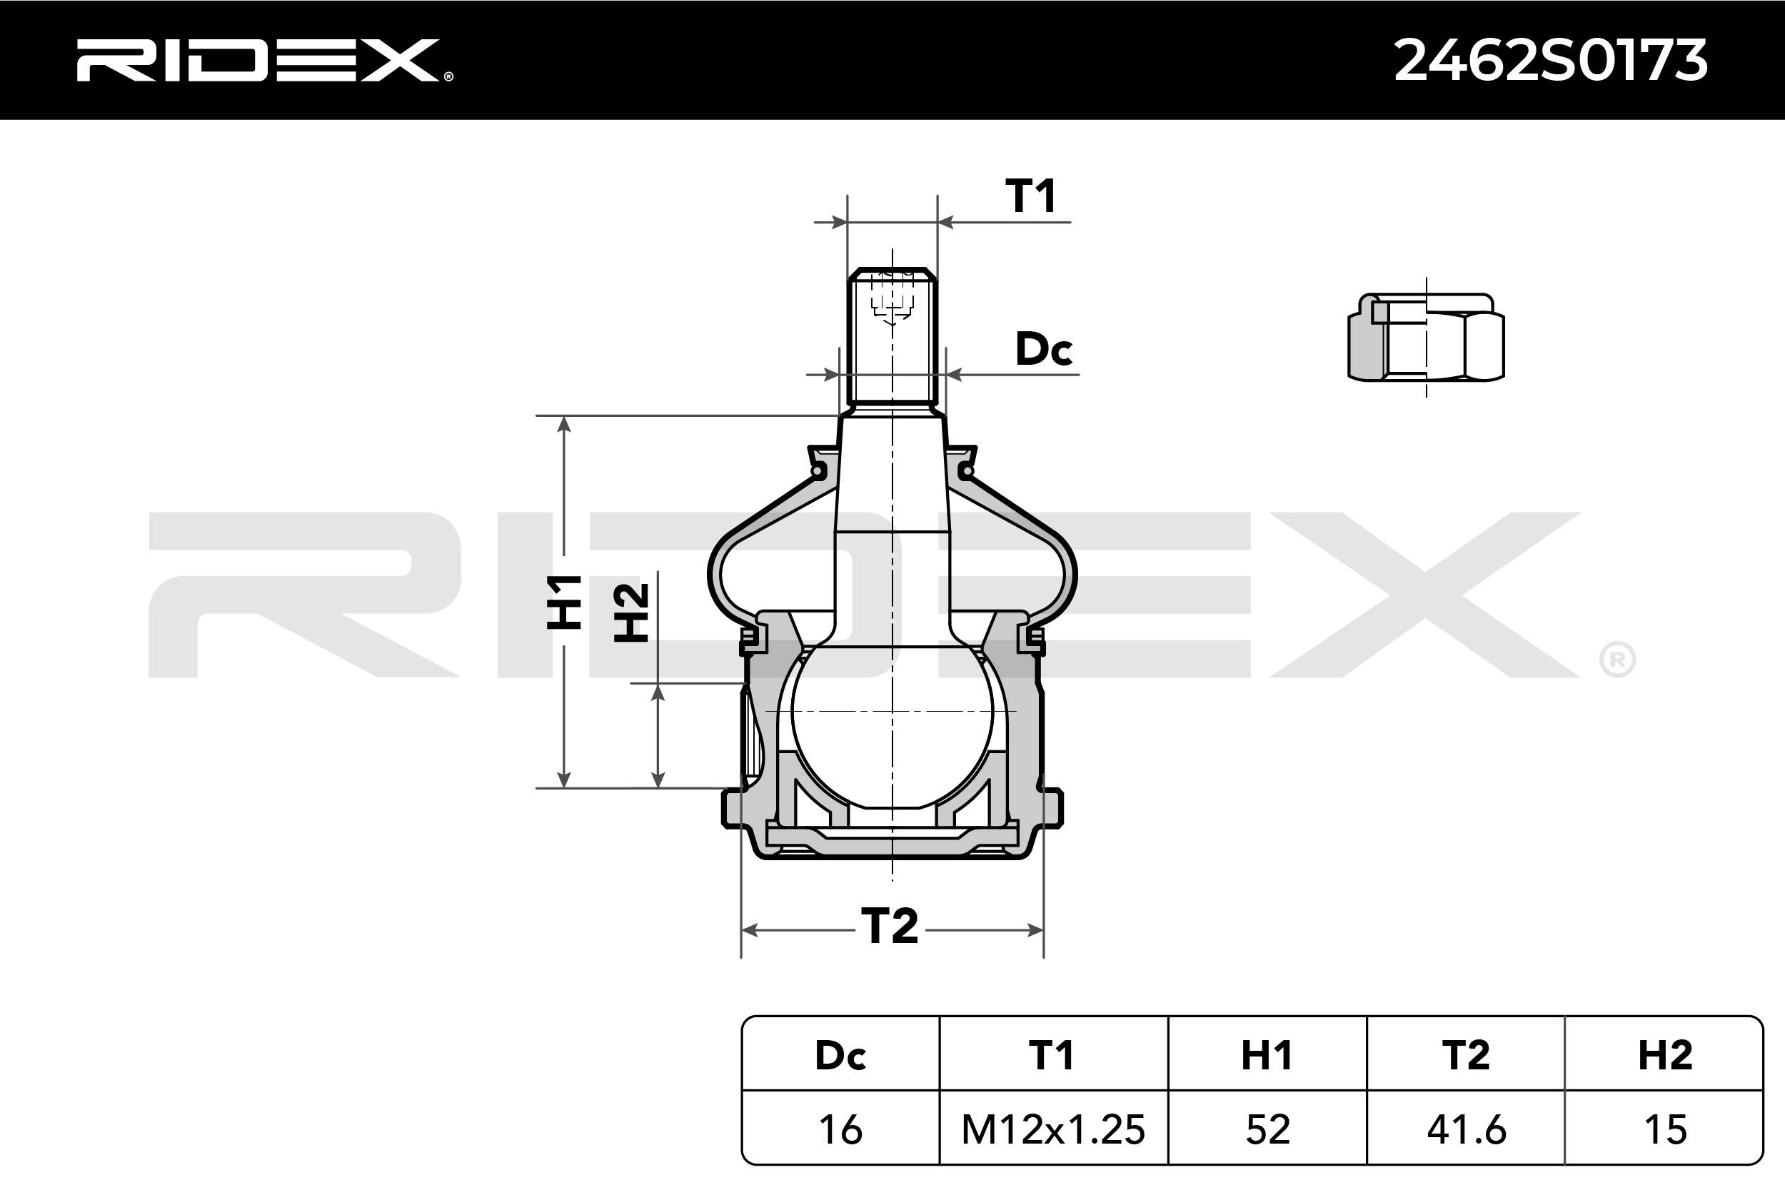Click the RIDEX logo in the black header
coord(264,60)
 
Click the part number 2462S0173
coord(1551,61)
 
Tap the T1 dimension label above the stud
coord(1030,196)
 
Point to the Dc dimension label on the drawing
coord(1044,349)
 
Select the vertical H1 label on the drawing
coord(565,602)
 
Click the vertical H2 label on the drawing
coord(631,612)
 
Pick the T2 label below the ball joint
coord(890,926)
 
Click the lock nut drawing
coord(1425,337)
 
